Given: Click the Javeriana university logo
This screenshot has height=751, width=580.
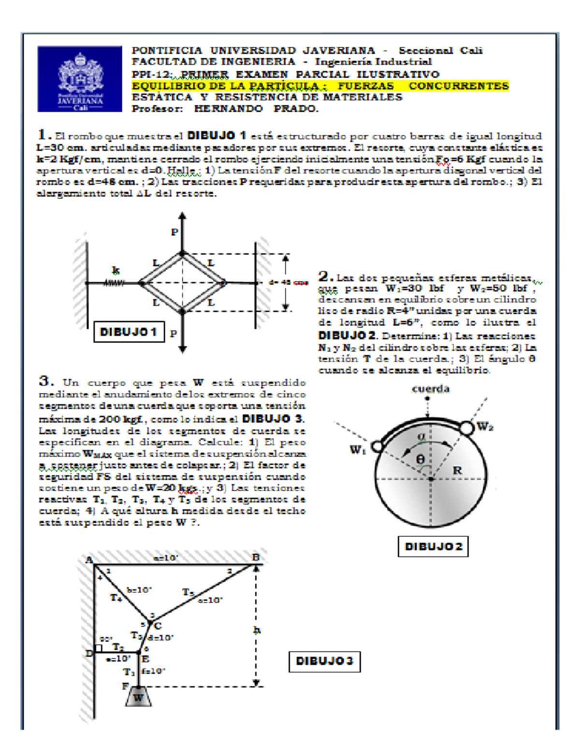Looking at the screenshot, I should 80,79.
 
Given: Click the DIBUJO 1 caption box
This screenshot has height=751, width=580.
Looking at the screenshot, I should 129,332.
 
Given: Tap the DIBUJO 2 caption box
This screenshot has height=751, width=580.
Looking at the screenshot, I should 433,546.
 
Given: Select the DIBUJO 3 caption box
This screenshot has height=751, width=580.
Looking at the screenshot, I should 324,661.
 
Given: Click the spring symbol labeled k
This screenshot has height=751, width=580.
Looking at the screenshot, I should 115,283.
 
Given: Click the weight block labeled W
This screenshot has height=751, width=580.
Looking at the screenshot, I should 138,697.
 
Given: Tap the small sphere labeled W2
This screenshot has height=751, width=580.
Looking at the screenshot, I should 467,428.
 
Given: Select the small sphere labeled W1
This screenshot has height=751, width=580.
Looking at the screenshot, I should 378,445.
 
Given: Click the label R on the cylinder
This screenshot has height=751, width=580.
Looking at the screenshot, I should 457,470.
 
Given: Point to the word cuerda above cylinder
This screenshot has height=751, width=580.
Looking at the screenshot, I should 431,389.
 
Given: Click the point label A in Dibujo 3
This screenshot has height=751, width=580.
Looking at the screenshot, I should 88,560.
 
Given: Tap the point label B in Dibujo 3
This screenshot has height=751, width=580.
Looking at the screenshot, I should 256,558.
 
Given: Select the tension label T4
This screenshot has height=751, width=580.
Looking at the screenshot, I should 116,598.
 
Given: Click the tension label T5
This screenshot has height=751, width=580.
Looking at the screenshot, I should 188,592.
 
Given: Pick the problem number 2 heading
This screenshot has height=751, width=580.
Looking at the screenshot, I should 325,276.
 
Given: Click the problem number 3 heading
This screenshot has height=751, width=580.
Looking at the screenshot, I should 46,381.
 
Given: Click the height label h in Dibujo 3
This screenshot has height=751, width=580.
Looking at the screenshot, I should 257,630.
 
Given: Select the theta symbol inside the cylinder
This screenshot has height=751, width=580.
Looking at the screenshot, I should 420,459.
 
